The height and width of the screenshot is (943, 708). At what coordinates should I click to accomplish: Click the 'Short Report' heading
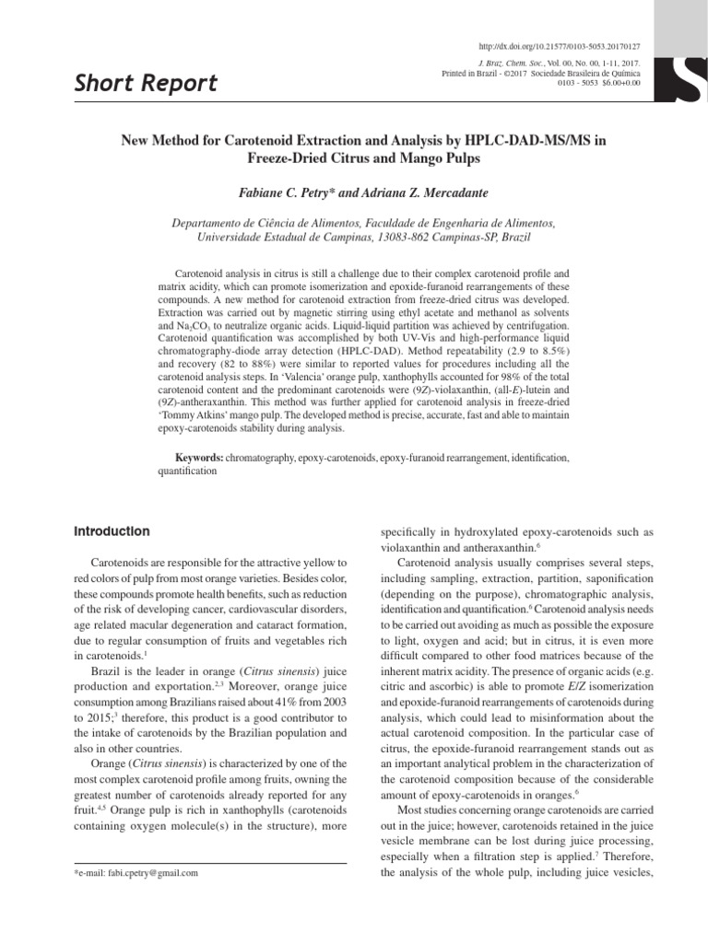click(x=145, y=84)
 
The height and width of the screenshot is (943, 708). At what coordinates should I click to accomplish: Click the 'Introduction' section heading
click(x=111, y=531)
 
